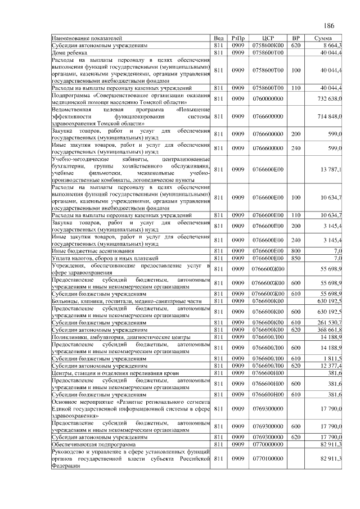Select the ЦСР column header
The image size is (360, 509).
[268, 38]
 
